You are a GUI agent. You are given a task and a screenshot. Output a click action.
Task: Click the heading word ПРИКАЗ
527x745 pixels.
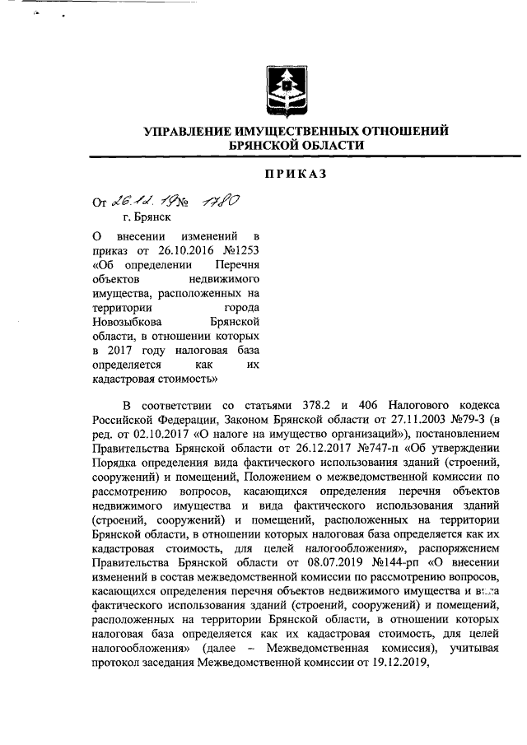coord(296,173)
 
